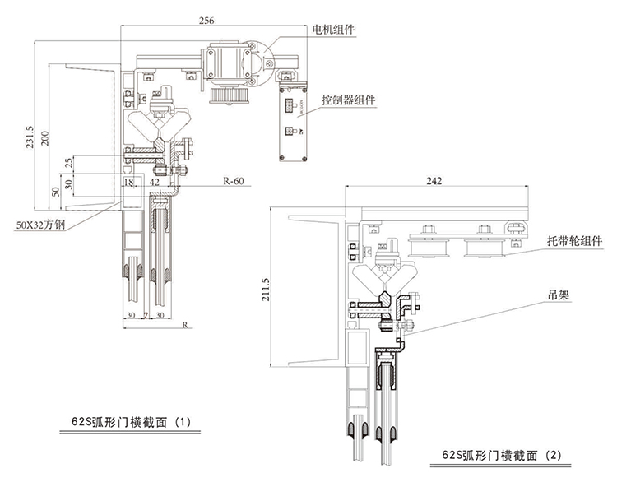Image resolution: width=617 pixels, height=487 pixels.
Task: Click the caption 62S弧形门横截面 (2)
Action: tap(503, 454)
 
